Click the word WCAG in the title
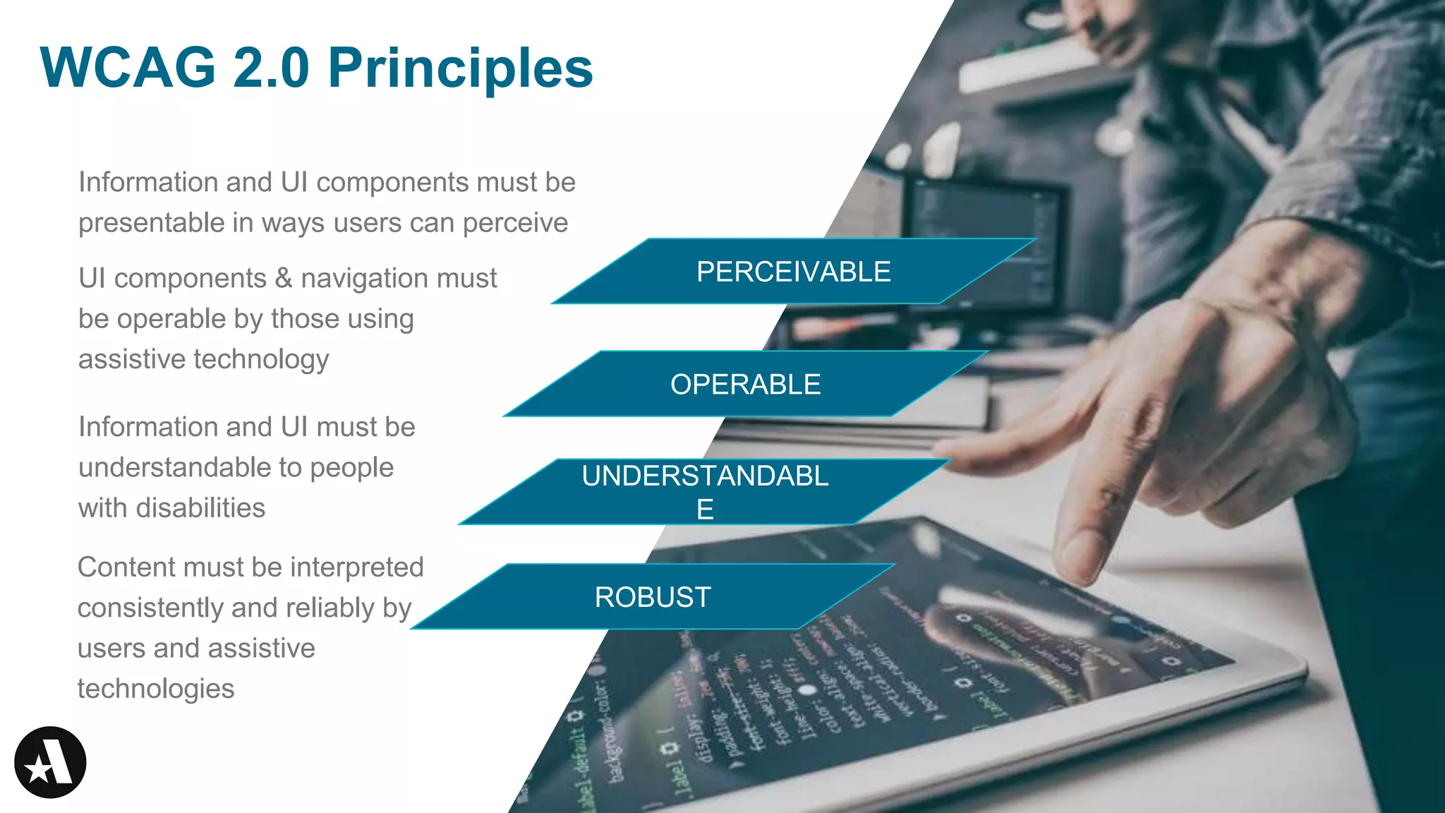(128, 68)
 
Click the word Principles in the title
(460, 68)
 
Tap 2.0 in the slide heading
(271, 68)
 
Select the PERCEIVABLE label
(793, 272)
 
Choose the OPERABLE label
(745, 385)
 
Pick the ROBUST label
(653, 597)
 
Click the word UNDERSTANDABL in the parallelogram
(704, 476)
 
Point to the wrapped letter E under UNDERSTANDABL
(705, 510)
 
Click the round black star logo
(50, 762)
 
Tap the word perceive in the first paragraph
(515, 223)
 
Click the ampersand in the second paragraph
(284, 278)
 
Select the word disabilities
(200, 508)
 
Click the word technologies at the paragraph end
(155, 689)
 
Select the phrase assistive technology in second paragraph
(203, 359)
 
